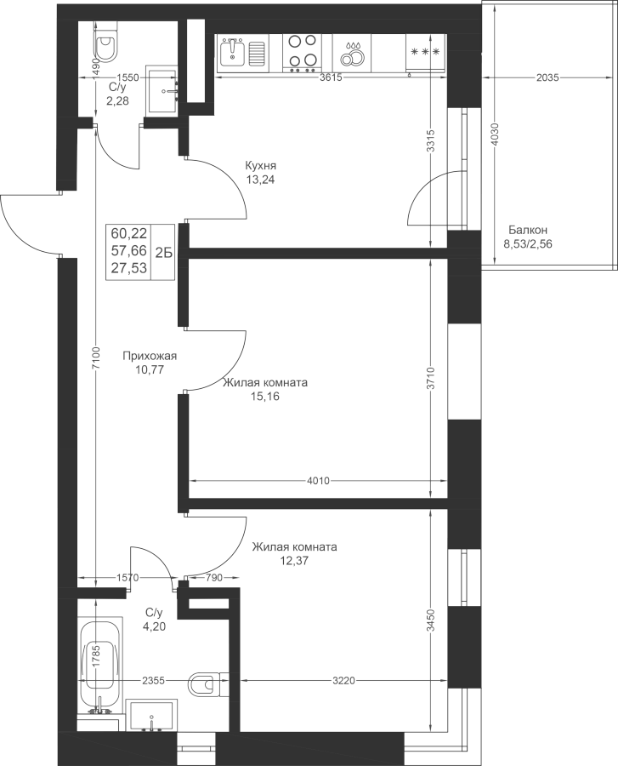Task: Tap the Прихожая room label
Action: [150, 356]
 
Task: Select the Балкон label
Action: [528, 230]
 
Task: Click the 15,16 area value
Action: [265, 397]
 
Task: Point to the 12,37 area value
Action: [294, 561]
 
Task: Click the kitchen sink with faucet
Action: [242, 53]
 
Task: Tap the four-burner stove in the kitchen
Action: [303, 53]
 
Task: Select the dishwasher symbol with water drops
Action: [352, 53]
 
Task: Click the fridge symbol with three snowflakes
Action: [426, 53]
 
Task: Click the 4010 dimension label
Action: [318, 481]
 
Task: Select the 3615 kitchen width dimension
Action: [331, 77]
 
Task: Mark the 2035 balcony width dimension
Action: [547, 77]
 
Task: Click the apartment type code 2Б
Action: [163, 252]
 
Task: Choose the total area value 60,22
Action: [128, 232]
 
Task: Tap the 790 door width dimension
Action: [213, 578]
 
